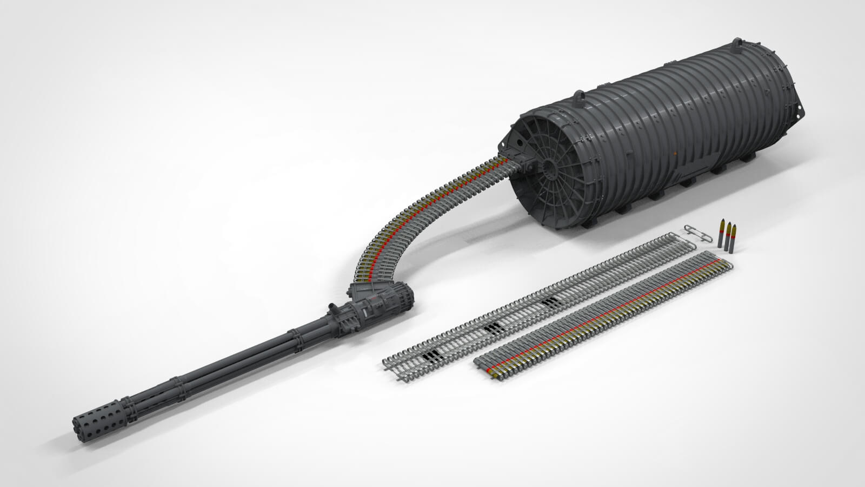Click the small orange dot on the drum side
pos(674,153)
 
